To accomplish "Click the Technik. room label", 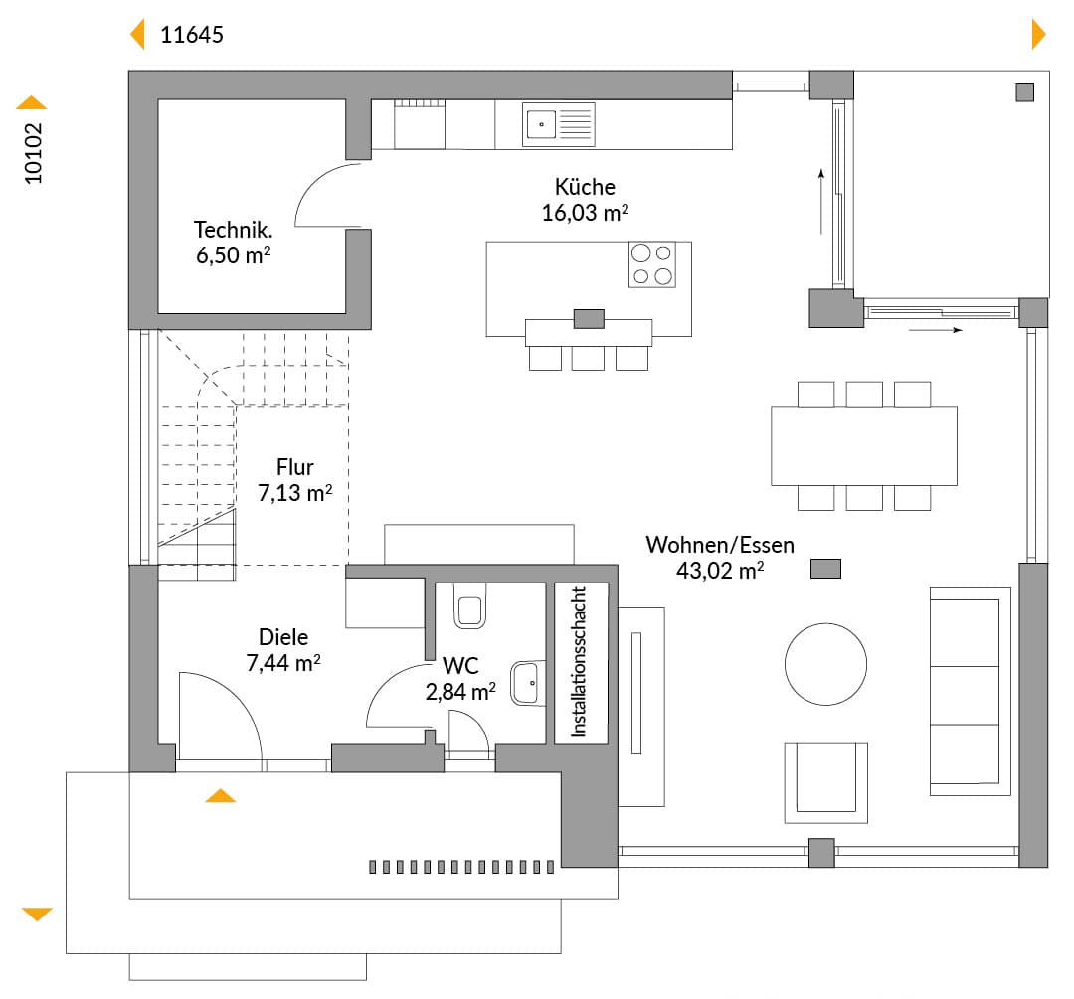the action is click(x=233, y=230).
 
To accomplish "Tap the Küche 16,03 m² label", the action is click(x=585, y=199).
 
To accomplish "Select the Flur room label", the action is click(x=295, y=467).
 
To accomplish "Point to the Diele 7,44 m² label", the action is click(x=282, y=650).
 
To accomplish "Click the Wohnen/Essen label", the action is click(x=720, y=545).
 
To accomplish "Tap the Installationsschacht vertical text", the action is click(x=580, y=661).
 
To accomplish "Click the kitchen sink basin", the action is click(x=541, y=124).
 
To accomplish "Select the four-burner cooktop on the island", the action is click(x=652, y=264).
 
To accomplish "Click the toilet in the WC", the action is click(x=469, y=606).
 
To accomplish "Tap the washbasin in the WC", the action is click(x=528, y=683).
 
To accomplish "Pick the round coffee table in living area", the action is click(x=825, y=664).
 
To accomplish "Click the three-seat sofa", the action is click(x=970, y=692).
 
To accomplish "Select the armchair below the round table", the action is click(x=826, y=782).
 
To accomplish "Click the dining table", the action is click(x=864, y=445).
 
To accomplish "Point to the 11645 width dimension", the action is click(x=192, y=35).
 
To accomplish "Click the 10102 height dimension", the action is click(x=33, y=153).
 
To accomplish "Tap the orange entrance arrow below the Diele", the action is click(x=221, y=795).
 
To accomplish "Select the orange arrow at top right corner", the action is click(x=1038, y=34).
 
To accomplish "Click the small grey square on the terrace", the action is click(x=1024, y=92).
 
